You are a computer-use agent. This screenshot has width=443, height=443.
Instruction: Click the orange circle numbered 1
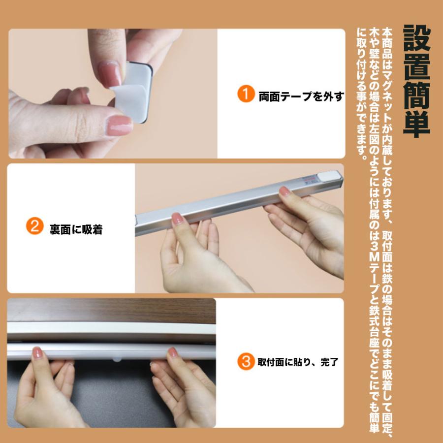pyautogui.click(x=246, y=94)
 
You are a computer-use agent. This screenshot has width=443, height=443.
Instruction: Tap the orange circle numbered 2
pyautogui.click(x=35, y=226)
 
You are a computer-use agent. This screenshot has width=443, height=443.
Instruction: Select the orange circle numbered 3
pyautogui.click(x=246, y=361)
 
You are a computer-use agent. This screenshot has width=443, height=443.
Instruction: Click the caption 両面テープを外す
pyautogui.click(x=301, y=96)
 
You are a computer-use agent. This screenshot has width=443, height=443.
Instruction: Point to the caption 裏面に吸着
pyautogui.click(x=76, y=229)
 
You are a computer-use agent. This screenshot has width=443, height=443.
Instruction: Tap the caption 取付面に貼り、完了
pyautogui.click(x=298, y=362)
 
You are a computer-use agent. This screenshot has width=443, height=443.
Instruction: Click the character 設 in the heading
pyautogui.click(x=417, y=38)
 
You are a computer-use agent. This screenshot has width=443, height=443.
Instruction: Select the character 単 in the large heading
pyautogui.click(x=417, y=124)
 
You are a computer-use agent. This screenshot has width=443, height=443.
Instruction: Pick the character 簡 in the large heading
pyautogui.click(x=417, y=95)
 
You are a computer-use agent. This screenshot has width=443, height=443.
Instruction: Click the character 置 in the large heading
pyautogui.click(x=417, y=66)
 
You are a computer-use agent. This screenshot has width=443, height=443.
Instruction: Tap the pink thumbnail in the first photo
pyautogui.click(x=120, y=126)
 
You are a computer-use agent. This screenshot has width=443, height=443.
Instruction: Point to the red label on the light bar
pyautogui.click(x=310, y=180)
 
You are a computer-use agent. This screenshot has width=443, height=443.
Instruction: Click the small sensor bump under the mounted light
pyautogui.click(x=117, y=360)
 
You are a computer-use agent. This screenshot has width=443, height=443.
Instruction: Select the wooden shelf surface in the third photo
pyautogui.click(x=112, y=311)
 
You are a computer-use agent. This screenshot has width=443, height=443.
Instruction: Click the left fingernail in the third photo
pyautogui.click(x=37, y=352)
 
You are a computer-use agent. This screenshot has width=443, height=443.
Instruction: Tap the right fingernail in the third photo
pyautogui.click(x=173, y=352)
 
